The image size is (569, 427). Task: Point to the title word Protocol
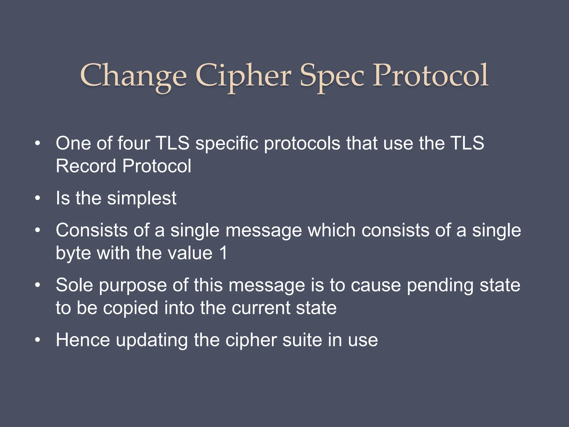pyautogui.click(x=430, y=75)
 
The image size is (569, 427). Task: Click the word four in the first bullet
pyautogui.click(x=134, y=143)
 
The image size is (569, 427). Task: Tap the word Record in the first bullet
pyautogui.click(x=86, y=166)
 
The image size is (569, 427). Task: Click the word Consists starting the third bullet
pyautogui.click(x=92, y=230)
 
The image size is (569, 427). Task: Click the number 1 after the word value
pyautogui.click(x=223, y=253)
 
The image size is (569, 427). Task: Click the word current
pyautogui.click(x=261, y=308)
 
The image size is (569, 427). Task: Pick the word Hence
pyautogui.click(x=83, y=340)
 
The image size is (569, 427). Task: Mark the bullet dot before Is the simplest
pyautogui.click(x=38, y=198)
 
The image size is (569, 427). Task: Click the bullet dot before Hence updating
pyautogui.click(x=38, y=340)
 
